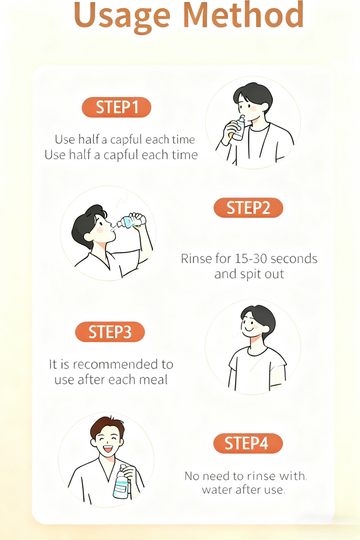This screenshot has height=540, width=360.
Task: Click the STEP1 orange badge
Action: [x=116, y=107]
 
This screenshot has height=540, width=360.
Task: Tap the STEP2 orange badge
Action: [x=248, y=208]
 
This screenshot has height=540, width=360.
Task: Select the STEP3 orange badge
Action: [x=110, y=332]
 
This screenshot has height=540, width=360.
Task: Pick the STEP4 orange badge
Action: [x=248, y=443]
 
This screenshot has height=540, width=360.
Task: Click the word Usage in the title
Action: [x=122, y=16]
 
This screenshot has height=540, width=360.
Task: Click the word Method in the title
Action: [x=244, y=15]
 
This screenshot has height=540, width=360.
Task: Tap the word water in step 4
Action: [x=216, y=489]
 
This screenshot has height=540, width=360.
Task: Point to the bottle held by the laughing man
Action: [x=122, y=482]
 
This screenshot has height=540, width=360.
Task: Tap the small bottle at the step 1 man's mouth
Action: [x=239, y=128]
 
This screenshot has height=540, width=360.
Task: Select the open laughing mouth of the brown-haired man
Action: [x=108, y=449]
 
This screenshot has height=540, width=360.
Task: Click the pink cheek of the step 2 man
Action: [x=100, y=230]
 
